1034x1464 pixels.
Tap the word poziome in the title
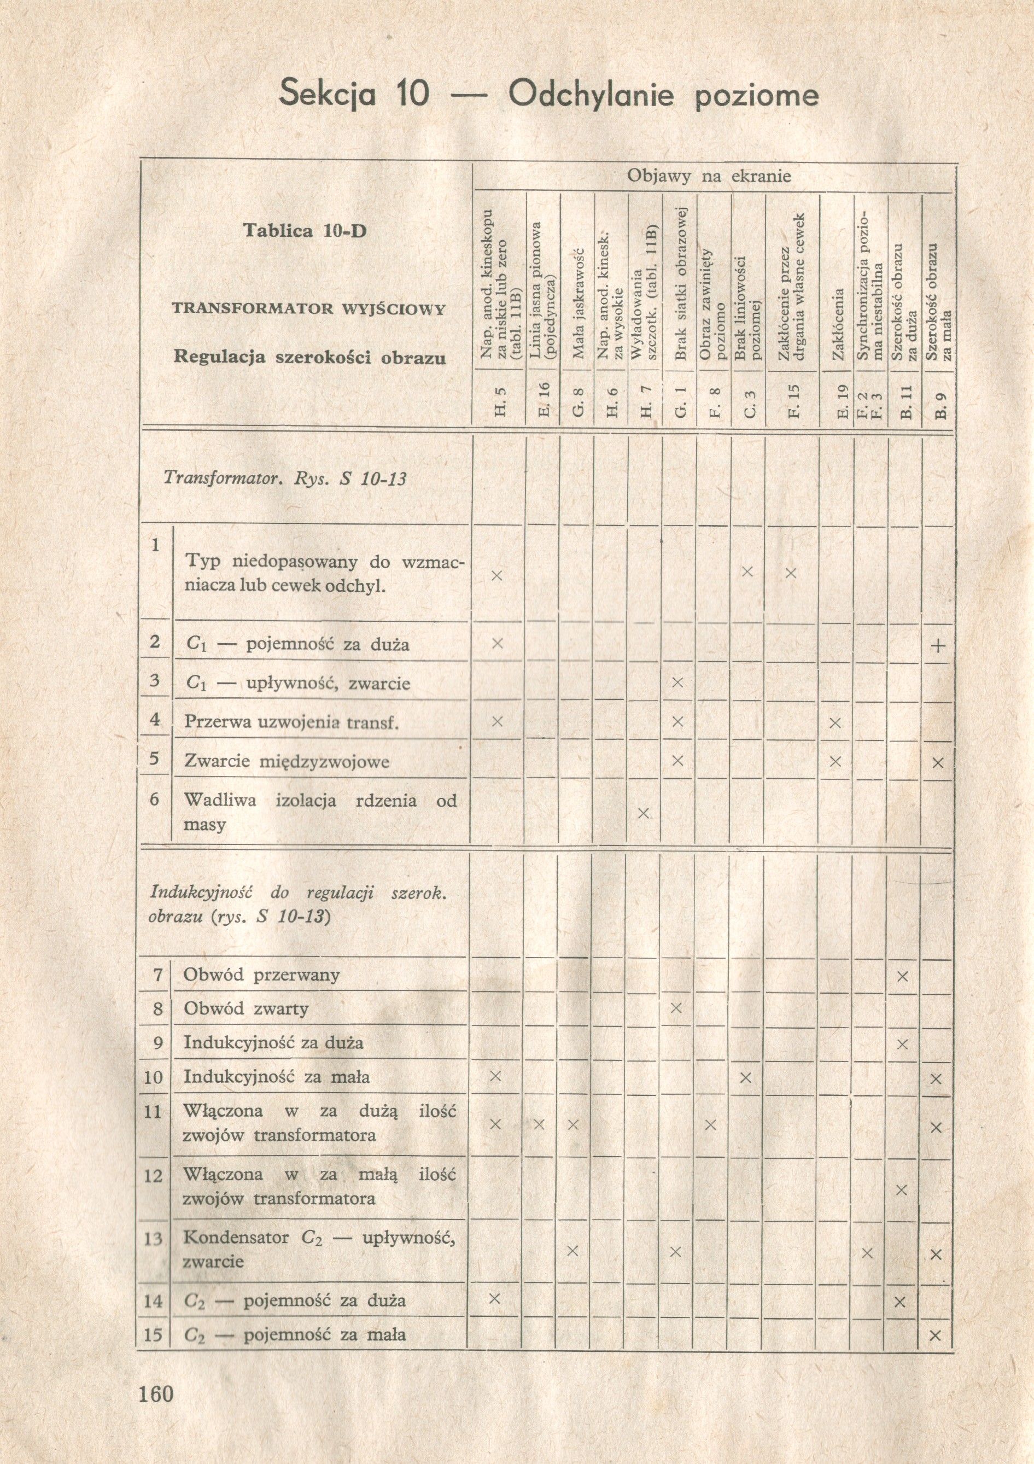pos(756,96)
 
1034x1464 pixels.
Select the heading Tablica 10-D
pos(305,230)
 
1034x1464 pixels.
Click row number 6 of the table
pos(154,799)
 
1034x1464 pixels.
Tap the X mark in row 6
pos(643,813)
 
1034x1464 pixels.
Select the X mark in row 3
pos(677,683)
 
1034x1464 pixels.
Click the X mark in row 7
pos(902,976)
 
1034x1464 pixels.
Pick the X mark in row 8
pos(676,1008)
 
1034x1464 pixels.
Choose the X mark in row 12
pos(902,1190)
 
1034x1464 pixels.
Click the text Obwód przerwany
pos(261,975)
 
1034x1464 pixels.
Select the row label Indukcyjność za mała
pos(277,1077)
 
